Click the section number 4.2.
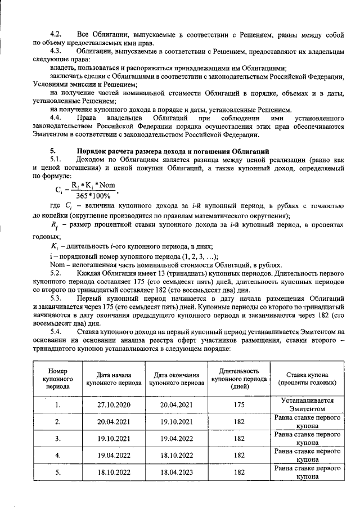point(56,35)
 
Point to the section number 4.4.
point(56,119)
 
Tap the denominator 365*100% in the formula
point(92,195)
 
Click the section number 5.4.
point(56,332)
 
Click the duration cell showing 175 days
point(238,404)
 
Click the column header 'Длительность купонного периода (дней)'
point(238,379)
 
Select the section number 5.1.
point(56,160)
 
